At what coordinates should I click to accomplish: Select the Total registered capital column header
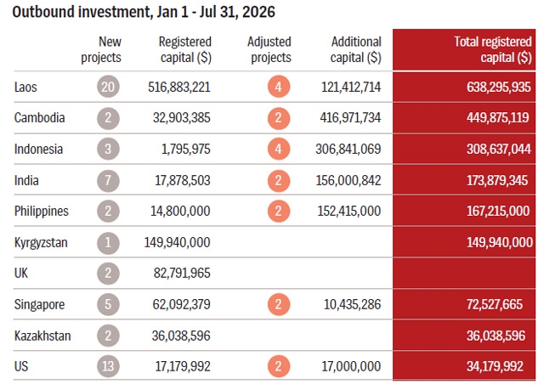(493, 49)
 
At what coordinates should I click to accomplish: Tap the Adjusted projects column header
(269, 49)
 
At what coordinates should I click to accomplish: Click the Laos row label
(25, 87)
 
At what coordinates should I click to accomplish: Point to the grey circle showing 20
(108, 87)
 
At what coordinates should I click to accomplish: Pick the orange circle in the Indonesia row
(279, 149)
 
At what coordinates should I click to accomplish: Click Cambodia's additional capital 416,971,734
(350, 118)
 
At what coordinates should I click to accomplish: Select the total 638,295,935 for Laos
(499, 87)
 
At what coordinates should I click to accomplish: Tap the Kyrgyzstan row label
(41, 242)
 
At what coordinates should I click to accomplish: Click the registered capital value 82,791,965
(182, 274)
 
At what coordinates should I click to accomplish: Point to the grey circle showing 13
(108, 366)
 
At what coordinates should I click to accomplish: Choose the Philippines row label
(42, 212)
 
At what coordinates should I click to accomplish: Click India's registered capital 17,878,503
(183, 181)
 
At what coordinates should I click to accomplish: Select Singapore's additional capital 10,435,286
(352, 304)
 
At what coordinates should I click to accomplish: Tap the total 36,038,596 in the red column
(496, 336)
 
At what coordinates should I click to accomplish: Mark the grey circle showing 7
(108, 181)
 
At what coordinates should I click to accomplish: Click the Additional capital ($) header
(355, 49)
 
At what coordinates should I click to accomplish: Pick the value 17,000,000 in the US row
(351, 366)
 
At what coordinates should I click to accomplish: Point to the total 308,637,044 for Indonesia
(499, 149)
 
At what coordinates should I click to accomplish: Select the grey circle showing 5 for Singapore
(108, 304)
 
